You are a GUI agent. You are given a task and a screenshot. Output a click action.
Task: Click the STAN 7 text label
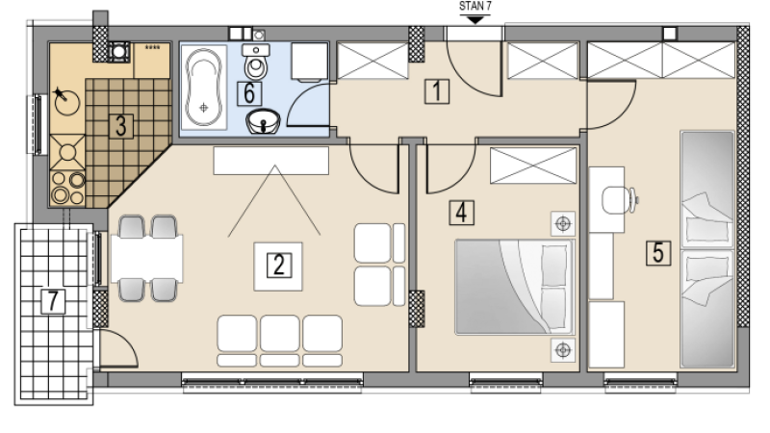pyautogui.click(x=475, y=7)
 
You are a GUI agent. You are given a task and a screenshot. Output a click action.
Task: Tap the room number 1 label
pyautogui.click(x=437, y=91)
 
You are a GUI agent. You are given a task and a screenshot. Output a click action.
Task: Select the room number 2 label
pyautogui.click(x=278, y=266)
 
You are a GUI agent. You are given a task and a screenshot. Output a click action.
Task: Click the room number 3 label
pyautogui.click(x=121, y=126)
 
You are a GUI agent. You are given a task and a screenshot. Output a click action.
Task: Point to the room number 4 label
pyautogui.click(x=462, y=213)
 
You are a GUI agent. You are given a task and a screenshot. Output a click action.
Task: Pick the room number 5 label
pyautogui.click(x=658, y=253)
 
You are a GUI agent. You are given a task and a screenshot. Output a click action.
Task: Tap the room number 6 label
pyautogui.click(x=249, y=93)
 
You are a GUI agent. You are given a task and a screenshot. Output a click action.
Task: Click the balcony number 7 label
pyautogui.click(x=53, y=301)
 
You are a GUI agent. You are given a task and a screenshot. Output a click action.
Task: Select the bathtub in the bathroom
pyautogui.click(x=203, y=88)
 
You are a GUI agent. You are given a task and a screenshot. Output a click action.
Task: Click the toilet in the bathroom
pyautogui.click(x=256, y=62)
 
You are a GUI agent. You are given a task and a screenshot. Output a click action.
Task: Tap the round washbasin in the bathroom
pyautogui.click(x=263, y=121)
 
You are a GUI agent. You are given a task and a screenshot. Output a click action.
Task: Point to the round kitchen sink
pyautogui.click(x=66, y=102)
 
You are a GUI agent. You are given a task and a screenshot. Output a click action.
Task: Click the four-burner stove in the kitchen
pyautogui.click(x=67, y=188)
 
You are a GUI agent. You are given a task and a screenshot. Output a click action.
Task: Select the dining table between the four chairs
pyautogui.click(x=147, y=259)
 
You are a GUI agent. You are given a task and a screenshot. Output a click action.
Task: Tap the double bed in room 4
pyautogui.click(x=514, y=287)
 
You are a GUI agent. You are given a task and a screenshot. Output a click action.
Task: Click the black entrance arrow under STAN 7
pyautogui.click(x=475, y=19)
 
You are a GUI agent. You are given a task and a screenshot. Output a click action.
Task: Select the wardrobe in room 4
pyautogui.click(x=533, y=166)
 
